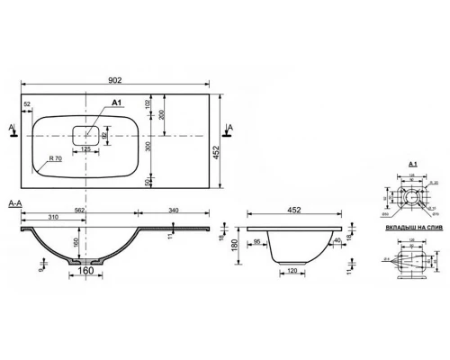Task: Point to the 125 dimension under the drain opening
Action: tap(85, 150)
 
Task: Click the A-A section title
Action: tap(14, 205)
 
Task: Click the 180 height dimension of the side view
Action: tap(232, 245)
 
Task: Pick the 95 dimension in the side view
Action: tap(257, 240)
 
